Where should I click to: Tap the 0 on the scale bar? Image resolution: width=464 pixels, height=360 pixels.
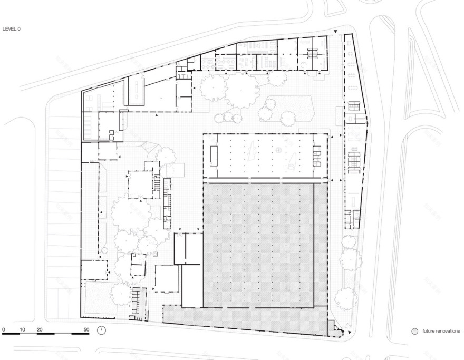(3, 329)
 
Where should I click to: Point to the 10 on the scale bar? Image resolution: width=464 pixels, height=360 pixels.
(22, 329)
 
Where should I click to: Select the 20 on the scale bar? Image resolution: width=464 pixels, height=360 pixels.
(40, 329)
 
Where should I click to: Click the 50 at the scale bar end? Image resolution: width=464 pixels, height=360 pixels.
(86, 329)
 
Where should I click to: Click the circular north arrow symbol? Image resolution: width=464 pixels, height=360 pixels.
(102, 330)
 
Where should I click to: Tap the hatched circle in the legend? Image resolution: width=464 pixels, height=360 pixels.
(414, 332)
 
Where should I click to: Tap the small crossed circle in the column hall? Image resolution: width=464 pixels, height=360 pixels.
(278, 151)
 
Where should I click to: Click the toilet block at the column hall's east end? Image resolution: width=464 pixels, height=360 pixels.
(316, 155)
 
